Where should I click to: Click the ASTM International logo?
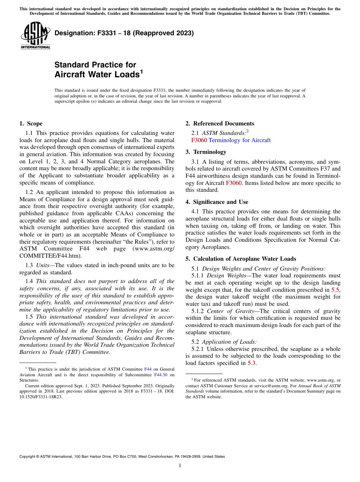tap(35, 36)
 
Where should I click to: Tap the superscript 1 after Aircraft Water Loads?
tap(142, 71)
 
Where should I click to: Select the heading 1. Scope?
tap(31, 124)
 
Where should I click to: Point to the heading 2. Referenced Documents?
tap(220, 124)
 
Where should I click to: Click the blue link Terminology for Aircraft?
tap(239, 140)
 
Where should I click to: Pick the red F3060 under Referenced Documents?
tap(199, 140)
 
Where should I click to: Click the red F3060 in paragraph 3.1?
tap(234, 183)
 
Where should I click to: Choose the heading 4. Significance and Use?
tap(217, 202)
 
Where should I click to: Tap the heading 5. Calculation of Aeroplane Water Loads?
tap(241, 259)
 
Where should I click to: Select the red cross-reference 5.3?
tap(252, 363)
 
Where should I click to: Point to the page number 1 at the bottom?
tap(180, 466)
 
